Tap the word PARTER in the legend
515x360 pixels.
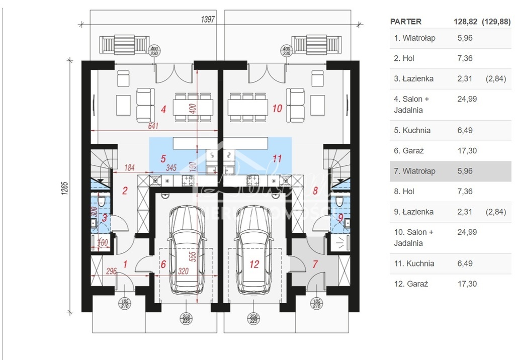(x=406, y=22)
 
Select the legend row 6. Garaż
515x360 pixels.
(x=410, y=150)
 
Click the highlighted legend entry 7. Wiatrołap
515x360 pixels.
(x=415, y=171)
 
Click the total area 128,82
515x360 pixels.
(x=463, y=22)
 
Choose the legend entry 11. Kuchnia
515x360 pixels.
(x=414, y=263)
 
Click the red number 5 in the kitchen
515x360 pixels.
(x=163, y=158)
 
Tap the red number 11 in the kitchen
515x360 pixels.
(x=277, y=158)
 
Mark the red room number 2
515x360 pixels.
(x=125, y=191)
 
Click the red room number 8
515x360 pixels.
(x=315, y=191)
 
